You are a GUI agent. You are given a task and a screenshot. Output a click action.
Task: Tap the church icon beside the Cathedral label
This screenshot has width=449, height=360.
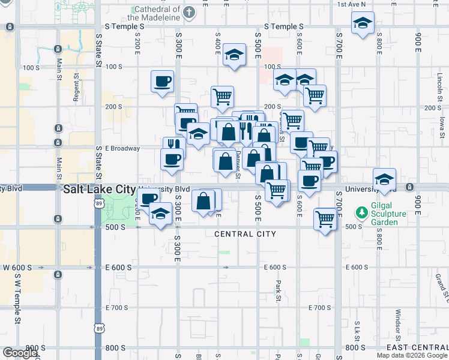(189, 12)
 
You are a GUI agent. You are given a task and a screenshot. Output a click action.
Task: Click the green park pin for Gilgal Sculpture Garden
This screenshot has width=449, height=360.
(361, 212)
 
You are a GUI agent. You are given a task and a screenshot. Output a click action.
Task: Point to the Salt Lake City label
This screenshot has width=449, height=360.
(99, 189)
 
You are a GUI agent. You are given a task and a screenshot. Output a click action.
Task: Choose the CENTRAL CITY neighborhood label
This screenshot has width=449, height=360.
(245, 234)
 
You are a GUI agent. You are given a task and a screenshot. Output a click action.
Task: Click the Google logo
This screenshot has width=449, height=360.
(19, 353)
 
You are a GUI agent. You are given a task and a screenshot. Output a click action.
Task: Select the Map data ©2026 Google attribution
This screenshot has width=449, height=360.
(412, 355)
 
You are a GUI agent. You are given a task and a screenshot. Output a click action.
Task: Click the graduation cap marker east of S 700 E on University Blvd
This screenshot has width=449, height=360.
(384, 179)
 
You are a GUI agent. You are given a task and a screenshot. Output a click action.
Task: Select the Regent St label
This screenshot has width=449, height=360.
(76, 88)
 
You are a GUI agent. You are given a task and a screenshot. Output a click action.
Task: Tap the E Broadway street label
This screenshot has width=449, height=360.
(122, 148)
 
